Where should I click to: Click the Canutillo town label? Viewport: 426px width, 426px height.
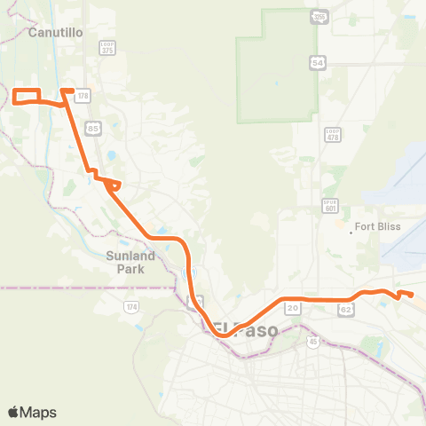[x=55, y=32]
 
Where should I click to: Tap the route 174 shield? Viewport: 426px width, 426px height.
[x=132, y=307]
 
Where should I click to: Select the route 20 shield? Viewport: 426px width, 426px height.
[x=292, y=308]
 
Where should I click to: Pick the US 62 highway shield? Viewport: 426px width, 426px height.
[x=345, y=309]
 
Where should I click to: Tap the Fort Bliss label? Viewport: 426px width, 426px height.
[x=377, y=226]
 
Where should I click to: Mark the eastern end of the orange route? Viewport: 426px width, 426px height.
[x=412, y=295]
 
